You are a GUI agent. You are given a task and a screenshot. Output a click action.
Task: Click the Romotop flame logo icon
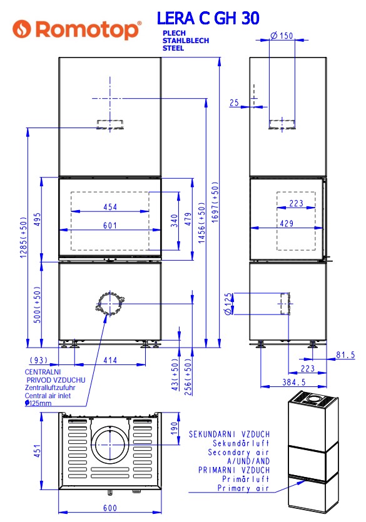click(22, 29)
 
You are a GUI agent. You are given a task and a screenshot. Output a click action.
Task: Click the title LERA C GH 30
click(208, 18)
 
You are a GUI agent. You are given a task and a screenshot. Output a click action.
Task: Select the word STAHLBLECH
click(186, 41)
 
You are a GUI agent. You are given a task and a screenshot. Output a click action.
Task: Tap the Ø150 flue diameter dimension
click(282, 36)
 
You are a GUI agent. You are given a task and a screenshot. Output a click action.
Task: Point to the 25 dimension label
click(234, 103)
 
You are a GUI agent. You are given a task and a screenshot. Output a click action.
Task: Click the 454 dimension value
click(110, 207)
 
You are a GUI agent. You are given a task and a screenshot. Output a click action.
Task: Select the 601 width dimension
click(110, 226)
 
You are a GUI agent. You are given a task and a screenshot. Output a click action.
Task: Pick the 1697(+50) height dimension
click(215, 202)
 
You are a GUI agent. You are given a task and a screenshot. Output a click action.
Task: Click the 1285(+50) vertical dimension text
click(23, 238)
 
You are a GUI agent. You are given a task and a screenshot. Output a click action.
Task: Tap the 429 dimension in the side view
click(287, 223)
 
